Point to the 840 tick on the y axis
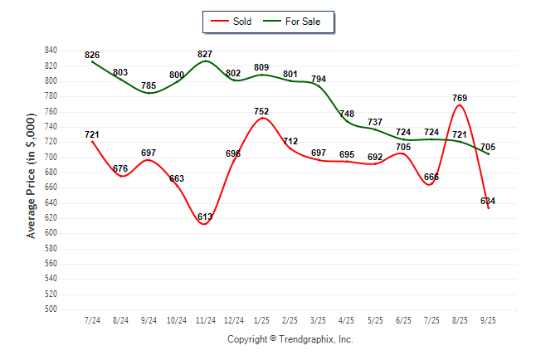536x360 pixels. pyautogui.click(x=51, y=50)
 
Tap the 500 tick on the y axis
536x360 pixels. pyautogui.click(x=51, y=309)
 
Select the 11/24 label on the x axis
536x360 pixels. pyautogui.click(x=205, y=320)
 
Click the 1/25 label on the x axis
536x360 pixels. pyautogui.click(x=262, y=320)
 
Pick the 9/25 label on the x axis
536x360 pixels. pyautogui.click(x=489, y=320)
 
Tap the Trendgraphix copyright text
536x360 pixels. pyautogui.click(x=290, y=339)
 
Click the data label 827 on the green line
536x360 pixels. pyautogui.click(x=205, y=54)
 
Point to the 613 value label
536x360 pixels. pyautogui.click(x=205, y=216)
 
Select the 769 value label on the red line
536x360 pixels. pyautogui.click(x=460, y=98)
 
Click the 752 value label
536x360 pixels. pyautogui.click(x=262, y=111)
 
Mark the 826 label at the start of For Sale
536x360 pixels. pyautogui.click(x=92, y=55)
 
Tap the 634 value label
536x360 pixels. pyautogui.click(x=488, y=200)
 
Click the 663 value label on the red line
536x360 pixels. pyautogui.click(x=177, y=178)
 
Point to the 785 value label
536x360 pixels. pyautogui.click(x=149, y=85)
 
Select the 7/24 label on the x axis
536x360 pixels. pyautogui.click(x=92, y=320)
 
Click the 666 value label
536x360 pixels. pyautogui.click(x=431, y=177)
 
